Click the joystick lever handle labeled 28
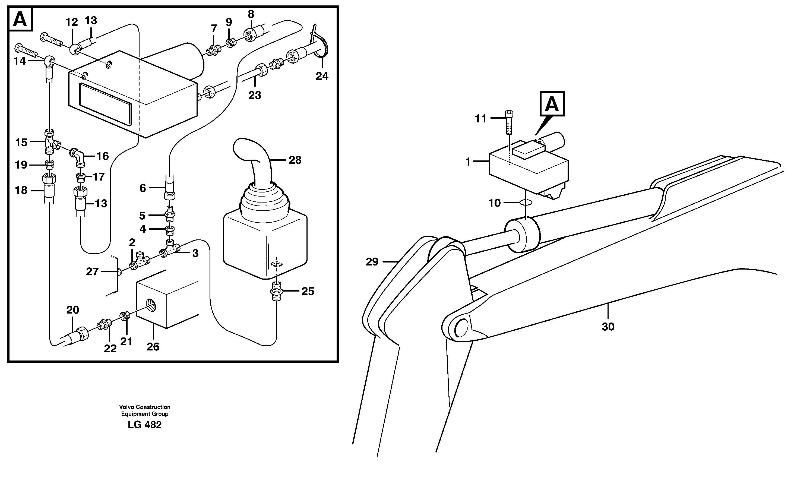pos(255,161)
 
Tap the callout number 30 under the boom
pos(608,327)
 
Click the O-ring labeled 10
pos(526,203)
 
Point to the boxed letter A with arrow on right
pos(552,104)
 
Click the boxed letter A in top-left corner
pos(20,20)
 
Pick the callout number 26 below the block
pos(153,347)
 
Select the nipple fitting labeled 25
pos(277,291)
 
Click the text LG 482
pos(144,425)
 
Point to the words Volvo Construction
pos(145,407)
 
